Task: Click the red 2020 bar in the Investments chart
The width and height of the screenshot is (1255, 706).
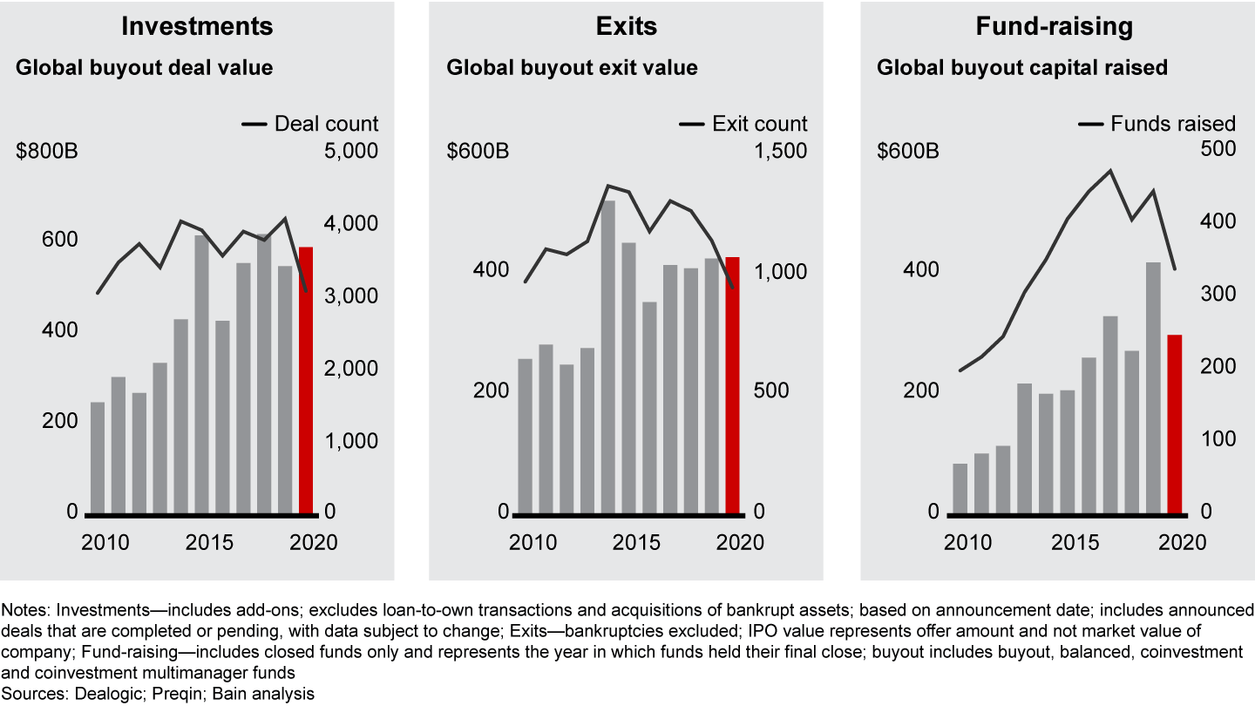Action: pos(306,380)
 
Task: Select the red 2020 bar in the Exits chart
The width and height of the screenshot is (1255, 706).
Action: pos(733,384)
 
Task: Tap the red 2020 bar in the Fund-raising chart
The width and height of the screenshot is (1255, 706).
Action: pos(1175,424)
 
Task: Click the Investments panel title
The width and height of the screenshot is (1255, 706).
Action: pos(197,26)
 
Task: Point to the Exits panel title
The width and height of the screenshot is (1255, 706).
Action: pos(626,26)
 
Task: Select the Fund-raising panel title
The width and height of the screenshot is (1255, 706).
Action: pos(1055,26)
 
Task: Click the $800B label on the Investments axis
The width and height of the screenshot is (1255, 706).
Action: pos(47,151)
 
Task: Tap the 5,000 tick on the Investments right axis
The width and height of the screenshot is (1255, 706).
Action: pos(351,151)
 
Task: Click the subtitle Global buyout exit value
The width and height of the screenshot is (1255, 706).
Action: pos(572,67)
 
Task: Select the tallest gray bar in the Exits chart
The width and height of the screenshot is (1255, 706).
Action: pos(609,357)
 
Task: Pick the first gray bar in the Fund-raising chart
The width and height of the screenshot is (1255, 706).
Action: pos(960,488)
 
